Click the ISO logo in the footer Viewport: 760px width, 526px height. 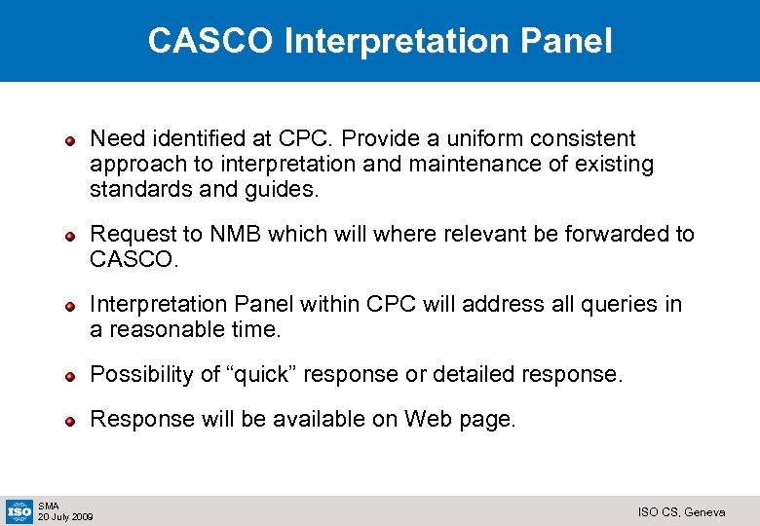tap(19, 510)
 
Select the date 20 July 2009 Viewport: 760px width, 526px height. tap(65, 516)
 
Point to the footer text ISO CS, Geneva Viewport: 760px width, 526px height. tap(681, 512)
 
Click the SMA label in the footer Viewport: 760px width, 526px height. tap(48, 506)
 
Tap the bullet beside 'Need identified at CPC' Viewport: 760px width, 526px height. tap(71, 141)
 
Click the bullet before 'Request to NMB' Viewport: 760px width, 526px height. tap(71, 236)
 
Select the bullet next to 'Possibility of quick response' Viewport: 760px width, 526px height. tap(71, 376)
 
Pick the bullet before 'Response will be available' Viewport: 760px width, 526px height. tap(71, 421)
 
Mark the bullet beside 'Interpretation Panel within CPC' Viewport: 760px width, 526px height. tap(71, 306)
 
